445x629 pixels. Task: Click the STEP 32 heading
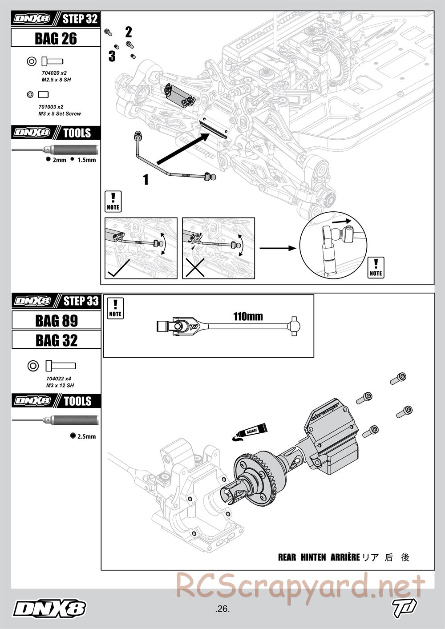80,19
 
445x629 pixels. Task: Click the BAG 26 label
56,39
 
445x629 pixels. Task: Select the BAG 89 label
57,321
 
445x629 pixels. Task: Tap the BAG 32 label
57,341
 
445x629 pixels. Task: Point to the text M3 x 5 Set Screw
60,114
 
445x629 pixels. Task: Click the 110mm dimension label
248,317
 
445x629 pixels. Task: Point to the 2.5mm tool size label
86,436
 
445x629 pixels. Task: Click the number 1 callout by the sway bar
145,179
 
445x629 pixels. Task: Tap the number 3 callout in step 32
112,56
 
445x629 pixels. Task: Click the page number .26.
222,609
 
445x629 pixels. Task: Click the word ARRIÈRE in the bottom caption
345,557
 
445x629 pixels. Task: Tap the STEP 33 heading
81,301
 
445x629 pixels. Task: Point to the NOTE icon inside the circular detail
376,267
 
